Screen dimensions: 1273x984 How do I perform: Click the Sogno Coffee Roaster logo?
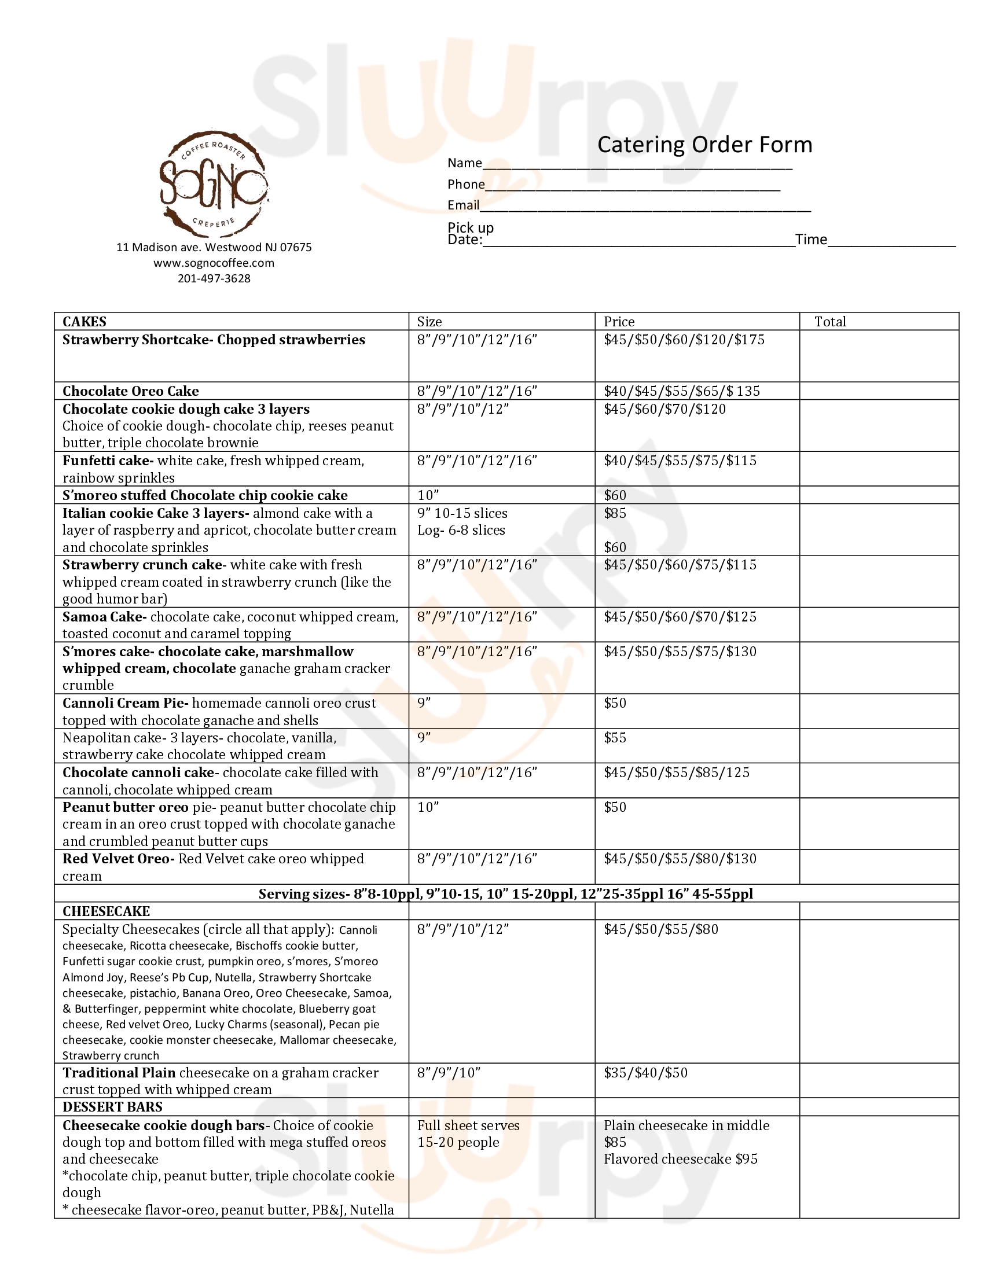coord(214,183)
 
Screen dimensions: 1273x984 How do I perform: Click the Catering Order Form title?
coord(704,145)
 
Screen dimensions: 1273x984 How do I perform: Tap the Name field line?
coord(637,167)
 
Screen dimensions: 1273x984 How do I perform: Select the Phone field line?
coord(633,188)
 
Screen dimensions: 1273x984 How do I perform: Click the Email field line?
coord(645,209)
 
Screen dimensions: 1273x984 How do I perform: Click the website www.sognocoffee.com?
coord(214,263)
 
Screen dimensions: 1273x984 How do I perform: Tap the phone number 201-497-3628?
coord(214,279)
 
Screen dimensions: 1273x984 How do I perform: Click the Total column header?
coord(829,322)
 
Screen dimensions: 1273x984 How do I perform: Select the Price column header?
coord(619,322)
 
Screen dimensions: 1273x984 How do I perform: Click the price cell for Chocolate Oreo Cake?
coord(681,391)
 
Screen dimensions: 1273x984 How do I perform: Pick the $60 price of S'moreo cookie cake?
coord(615,495)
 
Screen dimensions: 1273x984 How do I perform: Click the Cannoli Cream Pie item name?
coord(126,703)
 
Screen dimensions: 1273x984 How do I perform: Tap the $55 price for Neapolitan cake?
coord(615,738)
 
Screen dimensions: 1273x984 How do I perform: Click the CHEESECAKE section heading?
coord(106,911)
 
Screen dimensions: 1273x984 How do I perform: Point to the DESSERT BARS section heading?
coord(112,1107)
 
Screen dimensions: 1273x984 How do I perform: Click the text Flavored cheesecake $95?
coord(680,1159)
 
